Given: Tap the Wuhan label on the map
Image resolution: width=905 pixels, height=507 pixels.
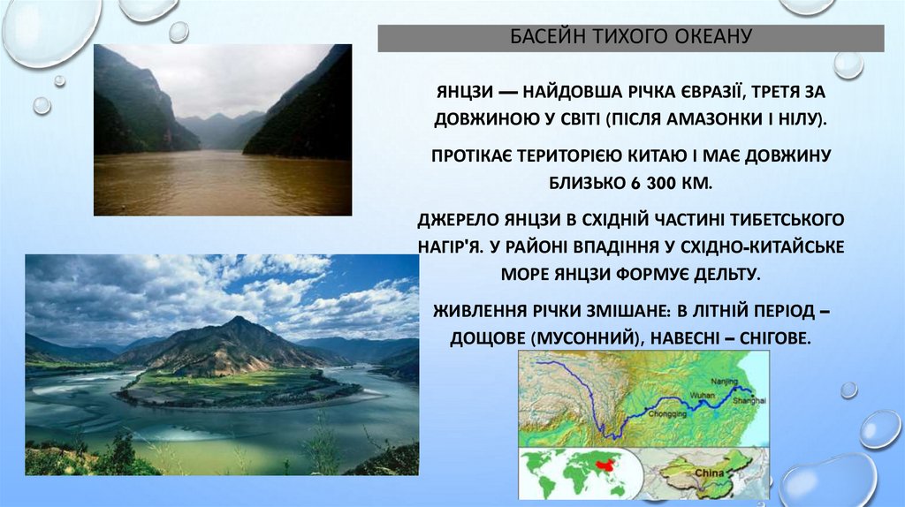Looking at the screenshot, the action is [703, 395].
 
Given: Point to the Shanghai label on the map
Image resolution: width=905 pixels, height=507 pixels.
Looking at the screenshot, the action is [749, 400].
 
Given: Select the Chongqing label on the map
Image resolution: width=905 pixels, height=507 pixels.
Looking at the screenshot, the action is [667, 414].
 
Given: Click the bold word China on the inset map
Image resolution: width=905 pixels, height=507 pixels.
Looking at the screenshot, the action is [709, 473].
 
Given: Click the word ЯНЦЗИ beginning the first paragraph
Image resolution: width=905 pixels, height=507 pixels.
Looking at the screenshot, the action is [464, 92].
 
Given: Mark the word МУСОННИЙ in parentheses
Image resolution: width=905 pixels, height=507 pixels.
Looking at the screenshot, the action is [584, 338].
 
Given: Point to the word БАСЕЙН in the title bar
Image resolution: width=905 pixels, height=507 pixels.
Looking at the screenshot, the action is [542, 36].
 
